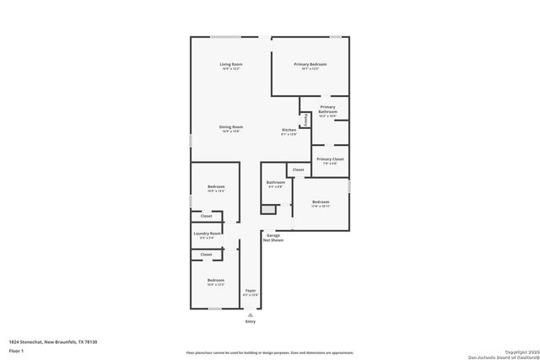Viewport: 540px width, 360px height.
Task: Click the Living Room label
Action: pos(231,65)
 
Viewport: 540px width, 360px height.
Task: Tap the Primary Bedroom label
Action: pos(310,65)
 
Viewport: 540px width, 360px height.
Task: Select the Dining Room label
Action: pos(231,127)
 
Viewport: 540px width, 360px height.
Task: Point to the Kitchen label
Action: pos(289,130)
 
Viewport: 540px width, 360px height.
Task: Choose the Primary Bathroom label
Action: pos(327,110)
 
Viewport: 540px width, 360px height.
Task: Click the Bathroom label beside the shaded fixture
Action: pos(275,183)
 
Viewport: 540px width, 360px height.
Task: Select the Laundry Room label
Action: pos(207,234)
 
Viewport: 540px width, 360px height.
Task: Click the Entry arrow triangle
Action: pos(250,314)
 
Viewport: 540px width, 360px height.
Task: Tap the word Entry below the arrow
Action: pos(250,322)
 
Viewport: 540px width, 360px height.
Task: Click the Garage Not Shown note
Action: pos(274,237)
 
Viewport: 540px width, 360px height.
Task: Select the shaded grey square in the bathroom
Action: pos(267,208)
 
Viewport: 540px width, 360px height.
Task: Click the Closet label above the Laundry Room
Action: pos(206,217)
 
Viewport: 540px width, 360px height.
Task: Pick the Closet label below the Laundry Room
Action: pos(206,254)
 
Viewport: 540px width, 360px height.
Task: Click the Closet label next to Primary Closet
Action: pos(298,169)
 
